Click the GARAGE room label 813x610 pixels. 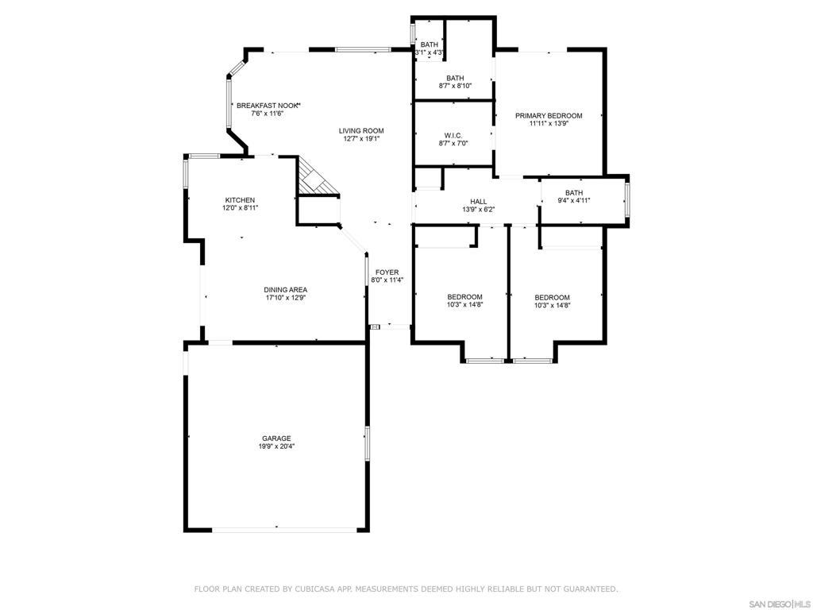(x=276, y=438)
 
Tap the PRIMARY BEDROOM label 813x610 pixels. (x=549, y=116)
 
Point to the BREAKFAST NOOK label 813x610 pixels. (x=268, y=106)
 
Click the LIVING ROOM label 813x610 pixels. (x=361, y=131)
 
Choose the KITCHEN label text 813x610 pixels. (x=240, y=200)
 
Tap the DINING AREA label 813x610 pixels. (x=286, y=290)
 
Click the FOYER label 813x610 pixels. (x=387, y=272)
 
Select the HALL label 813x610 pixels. (x=479, y=201)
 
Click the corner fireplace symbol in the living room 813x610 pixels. (x=314, y=177)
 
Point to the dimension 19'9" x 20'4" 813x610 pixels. (x=277, y=446)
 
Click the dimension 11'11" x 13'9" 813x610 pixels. (x=549, y=123)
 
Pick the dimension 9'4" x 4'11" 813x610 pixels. (x=574, y=200)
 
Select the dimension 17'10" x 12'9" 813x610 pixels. (x=286, y=298)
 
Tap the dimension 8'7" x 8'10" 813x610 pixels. (x=455, y=86)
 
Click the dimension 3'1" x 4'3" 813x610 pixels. (x=430, y=52)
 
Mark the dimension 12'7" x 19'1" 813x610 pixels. (x=361, y=138)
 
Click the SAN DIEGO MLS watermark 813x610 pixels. (x=781, y=604)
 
